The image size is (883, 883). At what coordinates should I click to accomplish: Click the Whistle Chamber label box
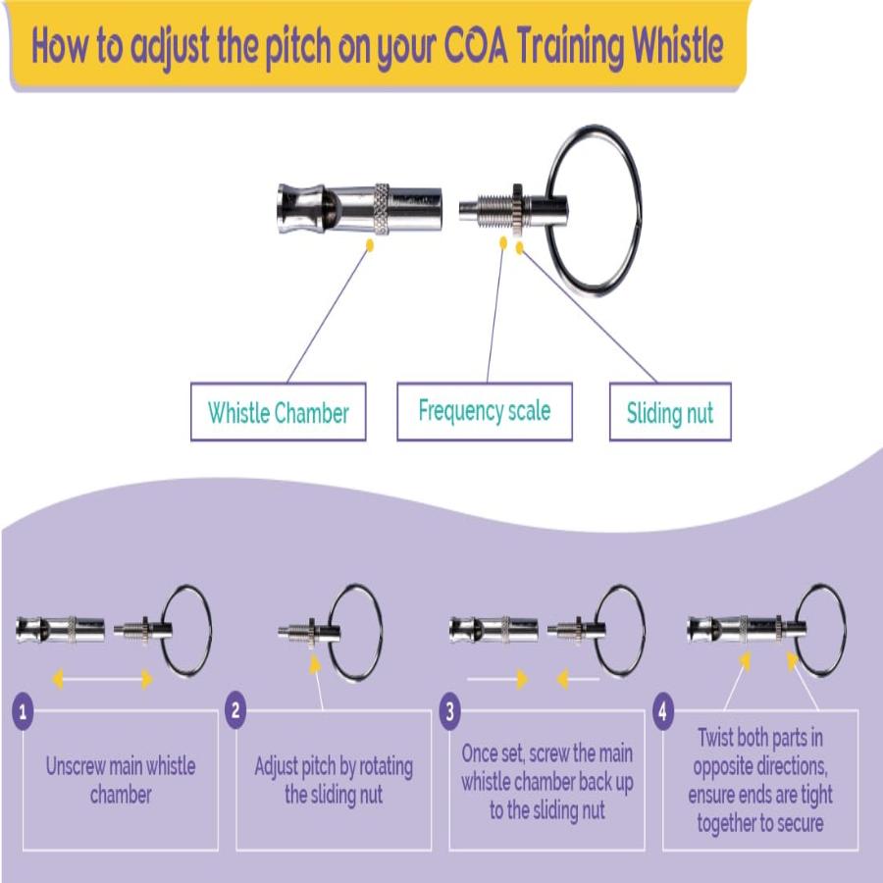coord(278,412)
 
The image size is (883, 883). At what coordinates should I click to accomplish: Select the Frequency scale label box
coord(484,411)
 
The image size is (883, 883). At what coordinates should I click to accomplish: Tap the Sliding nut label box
coord(670,412)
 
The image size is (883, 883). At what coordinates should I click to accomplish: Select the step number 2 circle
coord(235,711)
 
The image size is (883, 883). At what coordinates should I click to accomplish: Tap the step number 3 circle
coord(449,711)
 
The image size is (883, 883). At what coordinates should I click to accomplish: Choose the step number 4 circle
coord(663,711)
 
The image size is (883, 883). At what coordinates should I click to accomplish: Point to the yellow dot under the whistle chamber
coord(369,245)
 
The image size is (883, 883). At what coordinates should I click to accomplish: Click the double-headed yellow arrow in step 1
coord(102,678)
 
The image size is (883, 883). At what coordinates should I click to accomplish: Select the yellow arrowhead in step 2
coord(316,662)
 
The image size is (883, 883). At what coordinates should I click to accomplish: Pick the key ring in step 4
coord(820,629)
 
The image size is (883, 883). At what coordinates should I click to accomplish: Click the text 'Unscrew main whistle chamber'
coord(121,780)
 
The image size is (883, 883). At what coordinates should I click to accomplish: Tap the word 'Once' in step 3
coord(483,754)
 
